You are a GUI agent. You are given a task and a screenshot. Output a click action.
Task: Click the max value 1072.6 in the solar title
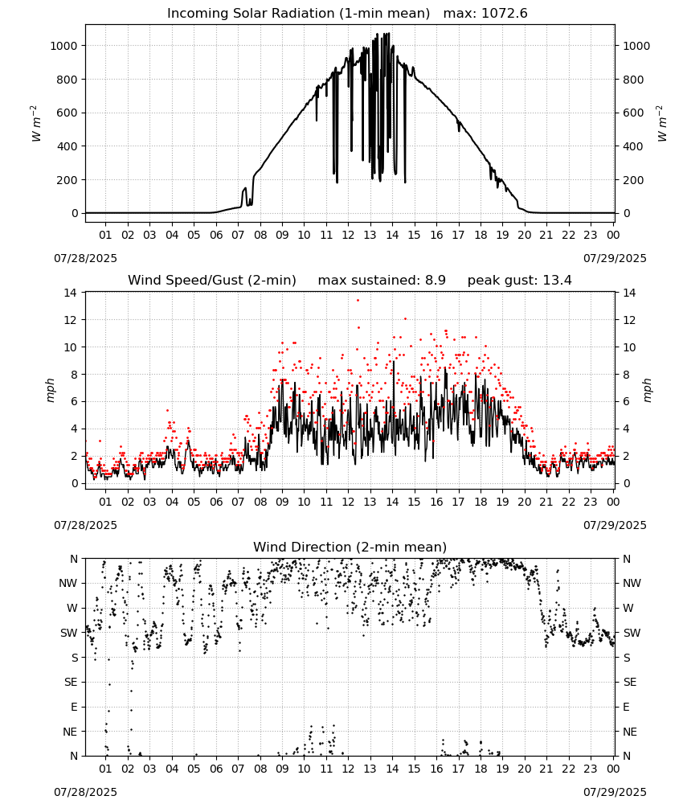504,14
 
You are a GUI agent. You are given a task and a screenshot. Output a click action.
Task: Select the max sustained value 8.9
435,281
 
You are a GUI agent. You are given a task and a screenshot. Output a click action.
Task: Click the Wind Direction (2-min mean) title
350,547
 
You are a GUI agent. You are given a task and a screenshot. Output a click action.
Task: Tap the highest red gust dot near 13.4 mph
358,301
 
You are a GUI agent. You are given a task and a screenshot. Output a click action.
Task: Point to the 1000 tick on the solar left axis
63,46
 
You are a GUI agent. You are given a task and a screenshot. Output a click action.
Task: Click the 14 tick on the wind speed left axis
70,293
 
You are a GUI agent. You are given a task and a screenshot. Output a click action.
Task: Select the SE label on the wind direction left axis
71,682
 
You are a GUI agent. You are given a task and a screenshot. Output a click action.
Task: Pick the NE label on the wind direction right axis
630,732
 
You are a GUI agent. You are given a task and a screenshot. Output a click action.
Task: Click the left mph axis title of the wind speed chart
50,390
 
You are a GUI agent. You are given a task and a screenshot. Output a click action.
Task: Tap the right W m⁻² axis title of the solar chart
661,124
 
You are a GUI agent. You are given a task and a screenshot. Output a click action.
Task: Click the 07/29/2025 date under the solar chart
615,258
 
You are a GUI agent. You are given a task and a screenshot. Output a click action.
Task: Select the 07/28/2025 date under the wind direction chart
85,792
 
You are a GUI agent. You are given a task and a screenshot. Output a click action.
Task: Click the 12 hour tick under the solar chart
348,235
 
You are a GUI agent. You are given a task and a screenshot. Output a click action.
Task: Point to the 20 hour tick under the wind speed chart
524,502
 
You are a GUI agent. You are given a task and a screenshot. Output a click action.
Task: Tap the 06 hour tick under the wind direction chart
216,769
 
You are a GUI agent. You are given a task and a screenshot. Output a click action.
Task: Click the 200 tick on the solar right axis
633,180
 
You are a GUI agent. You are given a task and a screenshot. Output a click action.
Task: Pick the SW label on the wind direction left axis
69,633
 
